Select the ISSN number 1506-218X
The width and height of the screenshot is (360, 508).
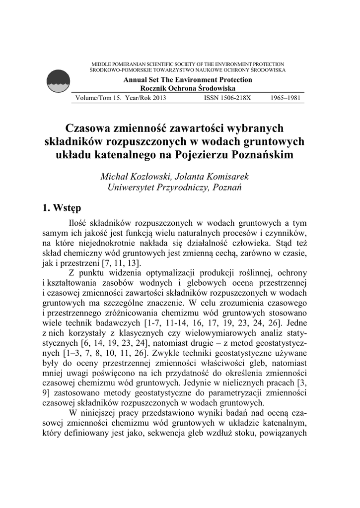[x=228, y=98]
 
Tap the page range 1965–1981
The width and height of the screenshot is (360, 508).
[x=288, y=98]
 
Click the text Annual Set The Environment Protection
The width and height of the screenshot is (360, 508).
[x=188, y=80]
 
